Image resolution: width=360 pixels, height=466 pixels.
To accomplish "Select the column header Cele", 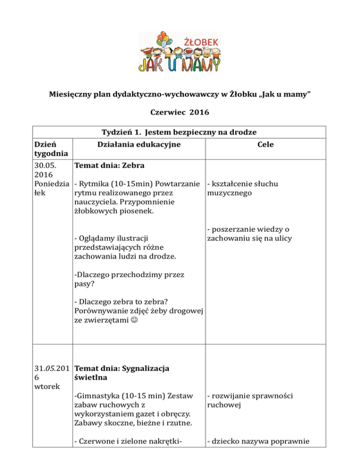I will (266, 145).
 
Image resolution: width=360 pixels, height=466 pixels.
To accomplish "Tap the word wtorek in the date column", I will (43, 385).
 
